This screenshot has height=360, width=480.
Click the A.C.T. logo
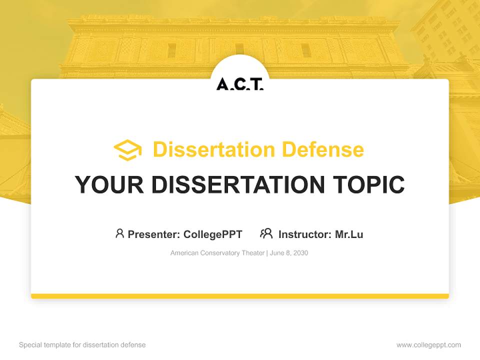(239, 84)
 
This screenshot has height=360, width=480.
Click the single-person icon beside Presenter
(119, 233)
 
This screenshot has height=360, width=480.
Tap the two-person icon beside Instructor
(266, 233)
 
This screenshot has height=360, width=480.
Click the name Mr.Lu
(349, 234)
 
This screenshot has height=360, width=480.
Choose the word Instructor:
(305, 234)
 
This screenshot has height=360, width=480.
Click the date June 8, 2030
(289, 253)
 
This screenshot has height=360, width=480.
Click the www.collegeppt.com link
(428, 345)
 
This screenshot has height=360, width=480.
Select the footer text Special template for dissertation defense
(82, 345)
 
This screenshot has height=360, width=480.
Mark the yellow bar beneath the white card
(239, 296)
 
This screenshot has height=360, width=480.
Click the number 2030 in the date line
(300, 253)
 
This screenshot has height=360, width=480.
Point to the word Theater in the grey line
(253, 253)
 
